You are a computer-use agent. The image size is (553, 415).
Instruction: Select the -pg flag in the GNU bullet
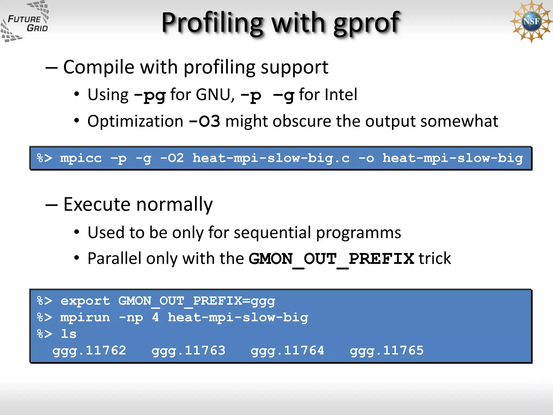(150, 95)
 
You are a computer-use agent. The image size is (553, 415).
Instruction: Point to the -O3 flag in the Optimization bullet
(204, 121)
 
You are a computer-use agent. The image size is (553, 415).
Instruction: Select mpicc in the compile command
(81, 158)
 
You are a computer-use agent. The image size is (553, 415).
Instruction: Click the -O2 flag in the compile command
(172, 158)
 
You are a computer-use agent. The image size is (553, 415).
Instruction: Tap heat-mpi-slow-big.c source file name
(271, 158)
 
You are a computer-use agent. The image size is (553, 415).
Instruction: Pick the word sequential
(272, 232)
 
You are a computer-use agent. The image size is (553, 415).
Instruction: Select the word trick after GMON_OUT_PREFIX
(434, 259)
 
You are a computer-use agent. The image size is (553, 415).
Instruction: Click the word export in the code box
(85, 301)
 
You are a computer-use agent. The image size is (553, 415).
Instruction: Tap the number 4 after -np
(155, 317)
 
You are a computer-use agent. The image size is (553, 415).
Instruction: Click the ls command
(69, 334)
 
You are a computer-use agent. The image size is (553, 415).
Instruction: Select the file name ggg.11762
(89, 351)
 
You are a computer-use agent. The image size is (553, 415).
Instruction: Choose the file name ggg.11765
(386, 351)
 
